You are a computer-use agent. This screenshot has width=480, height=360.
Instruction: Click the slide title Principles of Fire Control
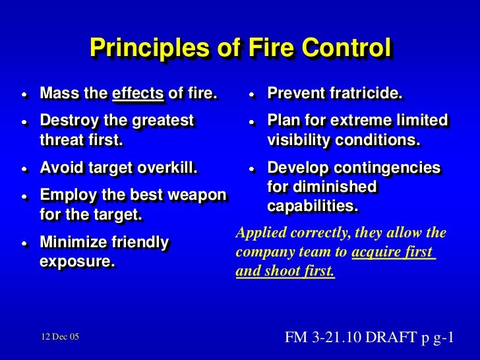pyautogui.click(x=240, y=48)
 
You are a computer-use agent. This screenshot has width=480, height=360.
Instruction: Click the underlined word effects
pyautogui.click(x=138, y=94)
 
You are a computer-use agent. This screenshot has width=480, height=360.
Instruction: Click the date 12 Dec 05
pyautogui.click(x=57, y=337)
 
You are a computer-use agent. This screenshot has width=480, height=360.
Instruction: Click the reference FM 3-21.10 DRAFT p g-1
pyautogui.click(x=369, y=338)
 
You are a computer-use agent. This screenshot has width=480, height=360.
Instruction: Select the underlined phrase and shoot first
pyautogui.click(x=285, y=270)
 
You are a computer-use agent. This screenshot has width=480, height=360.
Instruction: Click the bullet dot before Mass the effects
pyautogui.click(x=24, y=95)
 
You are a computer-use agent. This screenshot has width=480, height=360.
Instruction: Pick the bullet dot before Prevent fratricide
pyautogui.click(x=251, y=95)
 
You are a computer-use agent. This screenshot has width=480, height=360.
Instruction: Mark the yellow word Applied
pyautogui.click(x=259, y=233)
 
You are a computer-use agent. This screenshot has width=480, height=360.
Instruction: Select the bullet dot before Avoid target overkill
pyautogui.click(x=24, y=168)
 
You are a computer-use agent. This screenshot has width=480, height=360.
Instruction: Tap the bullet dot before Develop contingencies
pyautogui.click(x=251, y=168)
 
